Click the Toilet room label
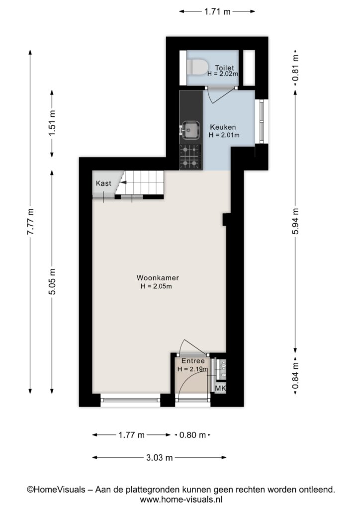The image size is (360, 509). click(224, 68)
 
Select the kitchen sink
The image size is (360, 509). click(190, 130)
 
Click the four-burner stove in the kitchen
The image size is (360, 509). click(190, 157)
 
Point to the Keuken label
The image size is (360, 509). click(223, 127)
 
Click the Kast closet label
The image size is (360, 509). click(103, 183)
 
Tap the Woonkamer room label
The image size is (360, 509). click(158, 278)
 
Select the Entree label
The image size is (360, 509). click(193, 361)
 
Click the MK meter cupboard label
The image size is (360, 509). click(220, 388)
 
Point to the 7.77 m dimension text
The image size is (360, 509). click(30, 222)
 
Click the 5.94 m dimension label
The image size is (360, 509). click(295, 221)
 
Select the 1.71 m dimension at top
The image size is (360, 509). click(217, 12)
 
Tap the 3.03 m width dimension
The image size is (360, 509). click(160, 458)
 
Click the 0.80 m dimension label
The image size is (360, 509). click(192, 435)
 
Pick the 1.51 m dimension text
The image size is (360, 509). click(52, 124)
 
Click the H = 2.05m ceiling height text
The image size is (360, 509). click(156, 286)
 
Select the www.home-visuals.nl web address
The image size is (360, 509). click(181, 499)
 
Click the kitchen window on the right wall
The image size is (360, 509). click(262, 121)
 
